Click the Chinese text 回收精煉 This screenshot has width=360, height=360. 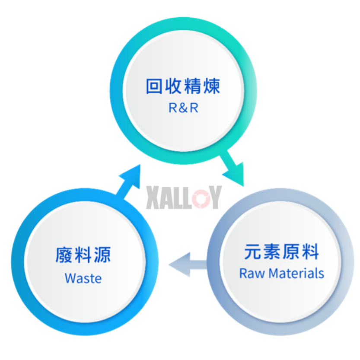tap(183, 86)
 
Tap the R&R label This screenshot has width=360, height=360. tap(183, 108)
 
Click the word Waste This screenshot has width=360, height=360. tap(83, 278)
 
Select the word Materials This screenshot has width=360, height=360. tap(296, 273)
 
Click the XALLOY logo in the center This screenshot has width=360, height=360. tap(184, 197)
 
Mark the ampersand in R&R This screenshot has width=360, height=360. tap(183, 108)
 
